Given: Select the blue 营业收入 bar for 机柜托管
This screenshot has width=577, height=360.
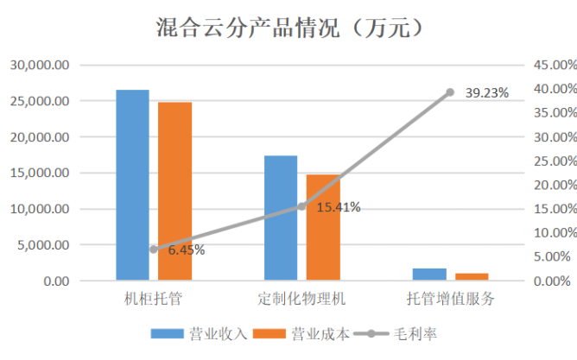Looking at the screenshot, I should point(132,185).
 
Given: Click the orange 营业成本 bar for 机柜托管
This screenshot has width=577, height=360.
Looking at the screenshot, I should point(174,191).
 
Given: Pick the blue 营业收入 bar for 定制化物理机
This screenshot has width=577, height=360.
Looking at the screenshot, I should point(281,218).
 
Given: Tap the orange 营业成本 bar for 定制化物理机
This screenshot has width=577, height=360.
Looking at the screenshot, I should point(323,227).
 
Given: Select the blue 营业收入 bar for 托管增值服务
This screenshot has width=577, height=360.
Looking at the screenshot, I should point(429,275).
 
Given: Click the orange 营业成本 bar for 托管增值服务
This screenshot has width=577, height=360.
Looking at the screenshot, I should point(472,277).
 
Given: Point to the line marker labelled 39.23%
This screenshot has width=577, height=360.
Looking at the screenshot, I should point(450,92).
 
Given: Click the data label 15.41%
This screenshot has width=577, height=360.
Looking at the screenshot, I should point(338,207).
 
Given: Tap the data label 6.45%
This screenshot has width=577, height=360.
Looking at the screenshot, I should point(186,250).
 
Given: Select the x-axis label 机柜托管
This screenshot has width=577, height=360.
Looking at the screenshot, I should point(153,299).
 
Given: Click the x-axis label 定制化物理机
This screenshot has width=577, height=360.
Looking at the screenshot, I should point(301,299).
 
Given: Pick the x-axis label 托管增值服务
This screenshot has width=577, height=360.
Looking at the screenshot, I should point(450,299).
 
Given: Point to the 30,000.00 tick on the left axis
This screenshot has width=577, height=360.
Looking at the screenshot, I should point(40,65).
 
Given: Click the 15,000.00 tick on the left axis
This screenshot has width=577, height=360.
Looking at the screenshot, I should point(40,173).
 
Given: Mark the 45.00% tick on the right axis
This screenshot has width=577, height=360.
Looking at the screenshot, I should point(550,65).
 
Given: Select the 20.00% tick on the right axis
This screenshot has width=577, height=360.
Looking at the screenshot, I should point(550,185).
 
